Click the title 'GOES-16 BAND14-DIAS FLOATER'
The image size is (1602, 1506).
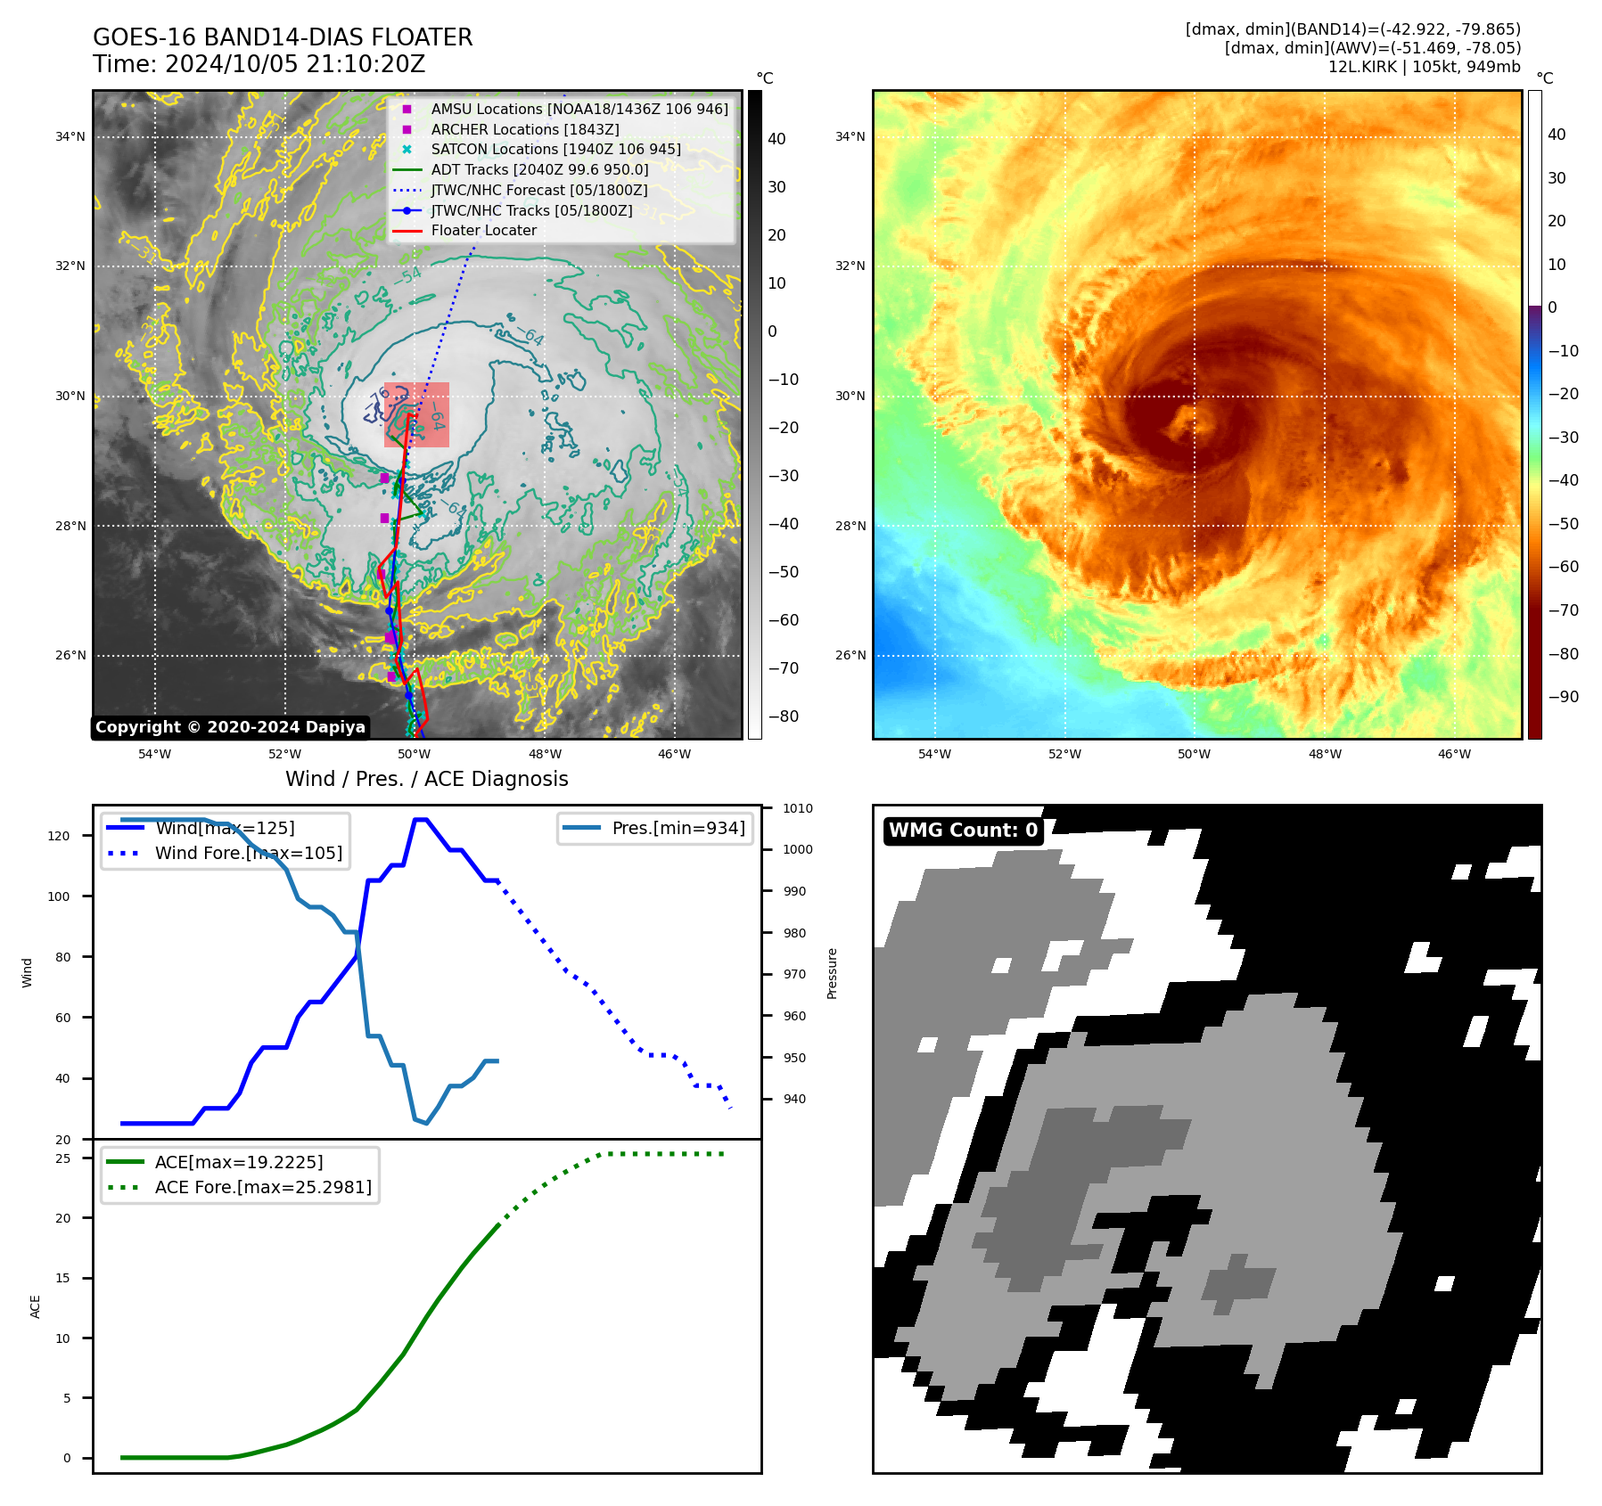point(283,37)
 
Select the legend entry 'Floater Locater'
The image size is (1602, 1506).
point(483,231)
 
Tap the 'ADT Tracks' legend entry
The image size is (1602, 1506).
point(539,170)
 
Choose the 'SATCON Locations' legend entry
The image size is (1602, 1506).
point(555,150)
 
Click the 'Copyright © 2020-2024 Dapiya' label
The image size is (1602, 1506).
point(230,727)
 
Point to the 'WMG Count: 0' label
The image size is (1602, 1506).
point(963,831)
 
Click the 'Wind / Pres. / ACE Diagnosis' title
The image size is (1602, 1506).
point(426,779)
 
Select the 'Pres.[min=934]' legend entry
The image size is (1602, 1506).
point(678,828)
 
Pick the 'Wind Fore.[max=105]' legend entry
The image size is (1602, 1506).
point(248,853)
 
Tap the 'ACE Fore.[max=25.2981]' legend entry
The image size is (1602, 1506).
point(263,1187)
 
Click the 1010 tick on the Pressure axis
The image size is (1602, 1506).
point(798,808)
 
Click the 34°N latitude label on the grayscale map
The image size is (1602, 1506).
point(70,137)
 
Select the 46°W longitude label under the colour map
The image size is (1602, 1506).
point(1454,754)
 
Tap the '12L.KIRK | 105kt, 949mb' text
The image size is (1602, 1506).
point(1424,67)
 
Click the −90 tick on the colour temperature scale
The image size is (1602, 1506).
point(1563,697)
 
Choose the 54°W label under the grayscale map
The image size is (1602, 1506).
point(154,754)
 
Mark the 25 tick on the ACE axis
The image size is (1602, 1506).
point(63,1158)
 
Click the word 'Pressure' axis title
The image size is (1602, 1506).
point(832,973)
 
